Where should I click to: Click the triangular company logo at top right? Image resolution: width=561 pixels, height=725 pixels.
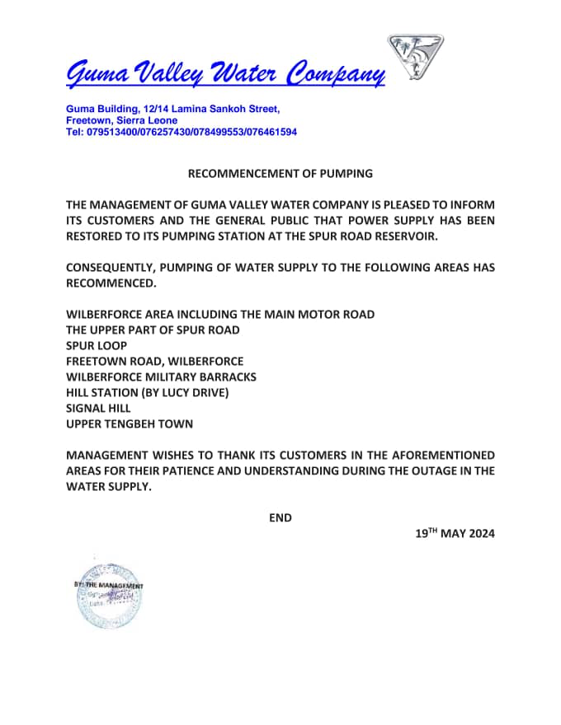[416, 57]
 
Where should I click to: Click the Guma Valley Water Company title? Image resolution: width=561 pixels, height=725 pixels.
[225, 73]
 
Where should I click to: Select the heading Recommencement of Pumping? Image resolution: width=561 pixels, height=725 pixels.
[280, 174]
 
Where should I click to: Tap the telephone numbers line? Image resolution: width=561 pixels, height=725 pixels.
[181, 132]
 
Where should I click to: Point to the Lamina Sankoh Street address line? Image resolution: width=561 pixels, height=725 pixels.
[173, 109]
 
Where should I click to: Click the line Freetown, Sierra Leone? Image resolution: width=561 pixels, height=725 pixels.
[121, 120]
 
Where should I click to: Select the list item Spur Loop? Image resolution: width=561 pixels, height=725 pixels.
[97, 346]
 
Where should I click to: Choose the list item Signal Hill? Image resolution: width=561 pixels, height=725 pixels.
[98, 408]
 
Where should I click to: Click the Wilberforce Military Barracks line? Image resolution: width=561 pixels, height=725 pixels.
[161, 377]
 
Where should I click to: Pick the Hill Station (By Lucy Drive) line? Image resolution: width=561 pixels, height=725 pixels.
[147, 392]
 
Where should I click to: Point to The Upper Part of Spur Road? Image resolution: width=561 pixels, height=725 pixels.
[153, 330]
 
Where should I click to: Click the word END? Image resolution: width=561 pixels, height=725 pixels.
[280, 517]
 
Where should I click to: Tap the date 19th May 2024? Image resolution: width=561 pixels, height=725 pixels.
[455, 534]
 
